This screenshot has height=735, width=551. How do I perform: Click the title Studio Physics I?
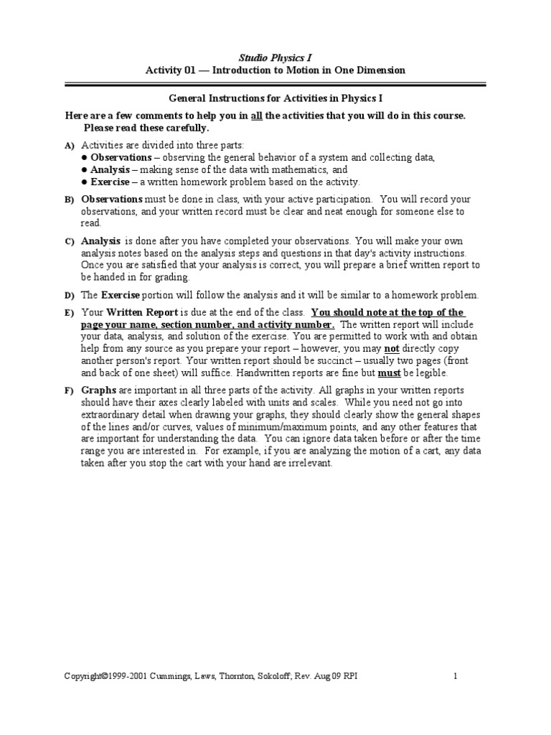(275, 57)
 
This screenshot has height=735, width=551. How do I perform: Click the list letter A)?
(70, 145)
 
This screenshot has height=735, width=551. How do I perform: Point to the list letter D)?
(70, 296)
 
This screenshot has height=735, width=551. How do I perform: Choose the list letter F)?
(70, 389)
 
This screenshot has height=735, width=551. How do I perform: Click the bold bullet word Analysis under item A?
(110, 170)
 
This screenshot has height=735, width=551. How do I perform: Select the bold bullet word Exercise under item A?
(110, 182)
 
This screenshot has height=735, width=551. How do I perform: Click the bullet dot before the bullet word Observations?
(84, 157)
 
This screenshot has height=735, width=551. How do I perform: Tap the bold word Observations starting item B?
(112, 200)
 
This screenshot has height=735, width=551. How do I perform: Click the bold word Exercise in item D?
(120, 295)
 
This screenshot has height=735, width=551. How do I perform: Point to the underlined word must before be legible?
(390, 373)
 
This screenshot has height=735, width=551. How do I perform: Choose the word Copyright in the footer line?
(85, 676)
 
